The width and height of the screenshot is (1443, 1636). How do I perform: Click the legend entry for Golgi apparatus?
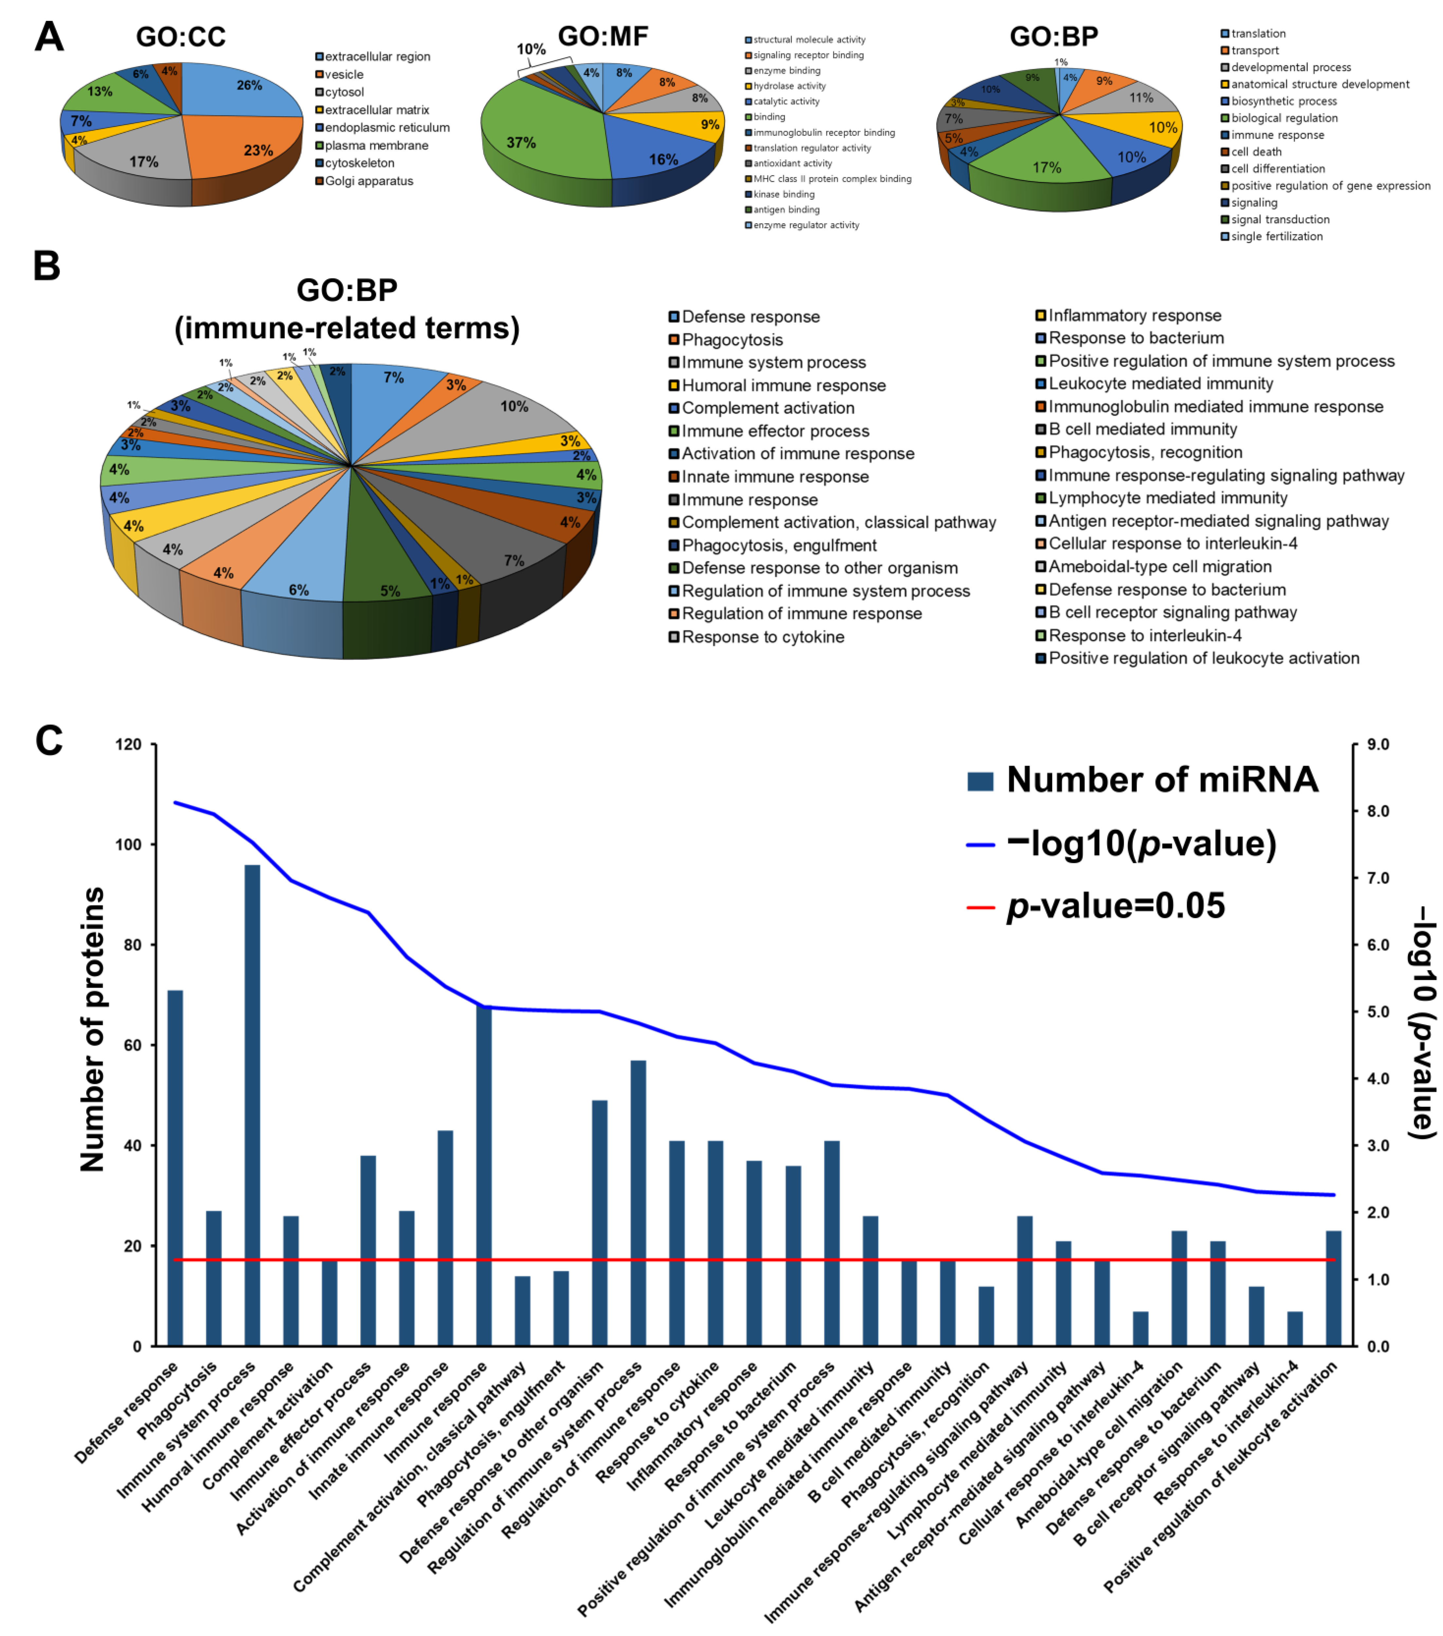[368, 181]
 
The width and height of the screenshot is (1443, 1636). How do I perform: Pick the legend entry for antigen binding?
[786, 210]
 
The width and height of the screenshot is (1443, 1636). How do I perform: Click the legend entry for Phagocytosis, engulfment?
[778, 545]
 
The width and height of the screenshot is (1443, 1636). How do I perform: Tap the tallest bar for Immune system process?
[252, 1105]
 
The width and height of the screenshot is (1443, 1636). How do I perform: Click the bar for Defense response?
[175, 1168]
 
